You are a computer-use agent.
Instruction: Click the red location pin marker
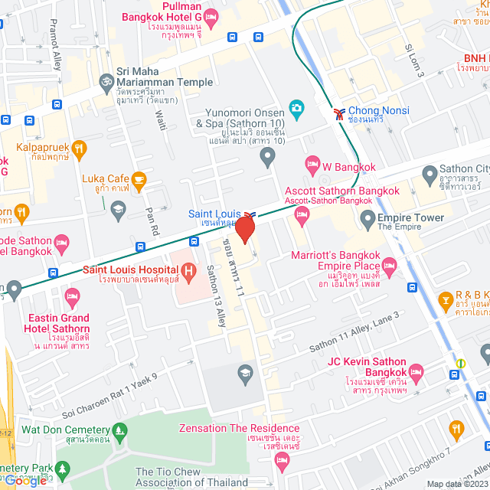pyautogui.click(x=244, y=229)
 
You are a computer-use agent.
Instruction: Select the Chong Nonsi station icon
pyautogui.click(x=338, y=115)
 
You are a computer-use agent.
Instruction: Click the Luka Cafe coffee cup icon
pyautogui.click(x=139, y=180)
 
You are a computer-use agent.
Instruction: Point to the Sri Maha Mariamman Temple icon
pyautogui.click(x=106, y=80)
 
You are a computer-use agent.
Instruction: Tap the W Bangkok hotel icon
pyautogui.click(x=312, y=162)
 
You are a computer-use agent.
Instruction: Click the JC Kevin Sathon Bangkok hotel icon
pyautogui.click(x=416, y=370)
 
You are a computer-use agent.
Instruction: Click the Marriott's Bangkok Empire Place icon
pyautogui.click(x=389, y=265)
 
